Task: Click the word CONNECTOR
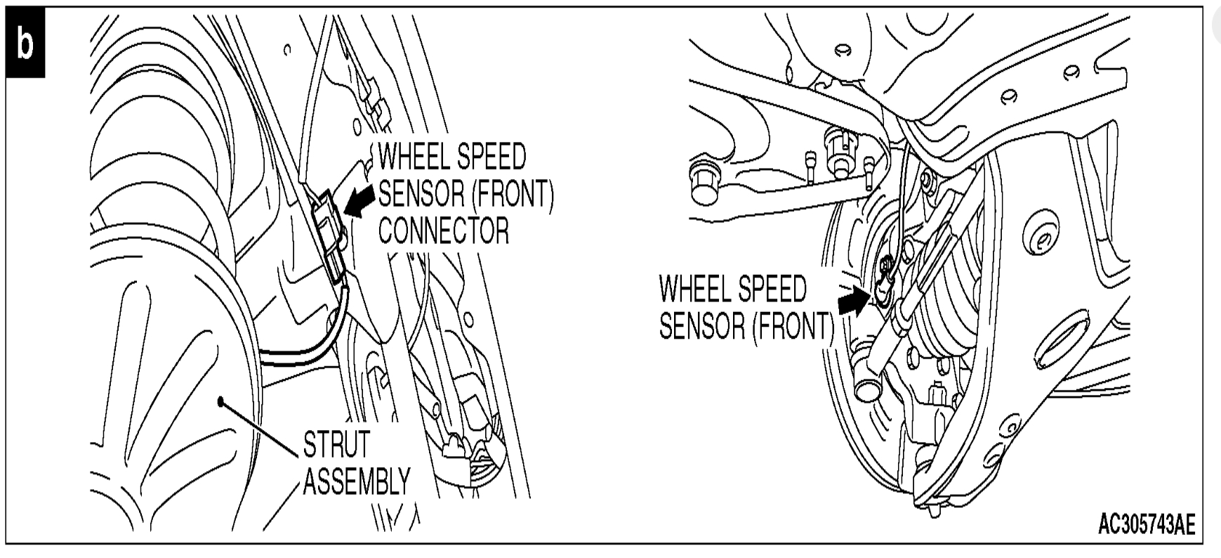[x=444, y=230]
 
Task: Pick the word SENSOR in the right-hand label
[x=701, y=325]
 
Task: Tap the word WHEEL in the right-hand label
[x=695, y=289]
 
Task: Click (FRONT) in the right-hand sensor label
[x=792, y=325]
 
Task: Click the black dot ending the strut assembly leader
[x=220, y=401]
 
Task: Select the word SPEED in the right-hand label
[x=772, y=289]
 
